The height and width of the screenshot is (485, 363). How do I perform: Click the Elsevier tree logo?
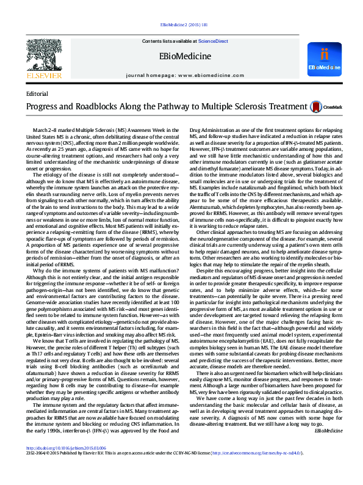pos(44,55)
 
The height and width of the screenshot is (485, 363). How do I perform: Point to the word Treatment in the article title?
pos(268,107)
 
